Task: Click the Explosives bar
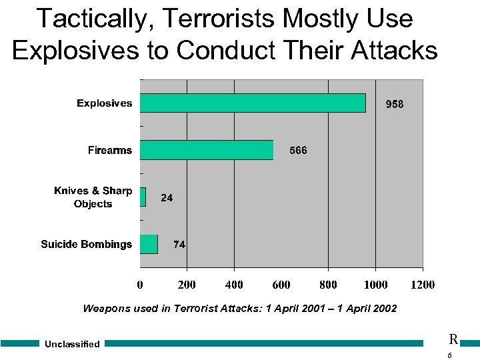pos(253,103)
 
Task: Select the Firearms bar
pos(207,150)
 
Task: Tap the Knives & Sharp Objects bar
pos(143,197)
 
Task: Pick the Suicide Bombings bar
pos(149,244)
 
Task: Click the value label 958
pos(395,105)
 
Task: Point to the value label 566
pos(298,151)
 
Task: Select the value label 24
pos(167,198)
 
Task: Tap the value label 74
pos(179,245)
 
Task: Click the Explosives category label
pos(104,103)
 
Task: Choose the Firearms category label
pos(110,150)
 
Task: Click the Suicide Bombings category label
pos(87,244)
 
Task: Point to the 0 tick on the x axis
pos(140,285)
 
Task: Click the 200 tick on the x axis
pos(187,285)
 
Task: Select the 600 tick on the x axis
pos(281,285)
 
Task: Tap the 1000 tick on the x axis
pos(375,285)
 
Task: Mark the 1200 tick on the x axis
pos(422,285)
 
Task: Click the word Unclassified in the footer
pos(72,345)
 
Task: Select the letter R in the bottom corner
pos(453,340)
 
